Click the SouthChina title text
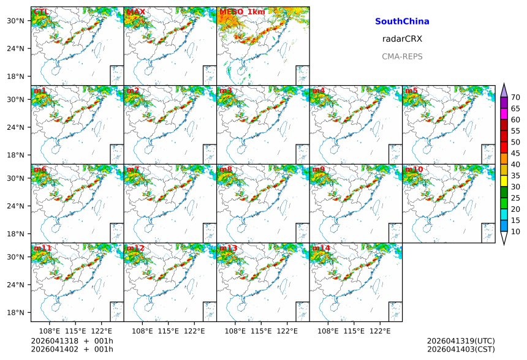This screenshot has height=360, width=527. click(x=402, y=21)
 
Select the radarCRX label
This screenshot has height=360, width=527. click(x=402, y=39)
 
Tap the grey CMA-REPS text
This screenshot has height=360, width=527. click(x=402, y=56)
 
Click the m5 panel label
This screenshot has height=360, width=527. click(x=411, y=91)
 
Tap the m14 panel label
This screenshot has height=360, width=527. click(x=322, y=248)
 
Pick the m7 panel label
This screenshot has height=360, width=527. click(x=134, y=170)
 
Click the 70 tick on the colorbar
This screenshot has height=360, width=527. click(x=515, y=97)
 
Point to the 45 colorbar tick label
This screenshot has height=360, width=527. click(x=515, y=153)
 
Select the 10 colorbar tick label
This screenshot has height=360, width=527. click(x=515, y=231)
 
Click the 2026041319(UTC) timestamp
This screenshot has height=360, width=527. click(x=461, y=340)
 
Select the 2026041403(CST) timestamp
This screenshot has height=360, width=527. click(x=461, y=349)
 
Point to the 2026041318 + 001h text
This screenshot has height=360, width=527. click(x=72, y=340)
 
